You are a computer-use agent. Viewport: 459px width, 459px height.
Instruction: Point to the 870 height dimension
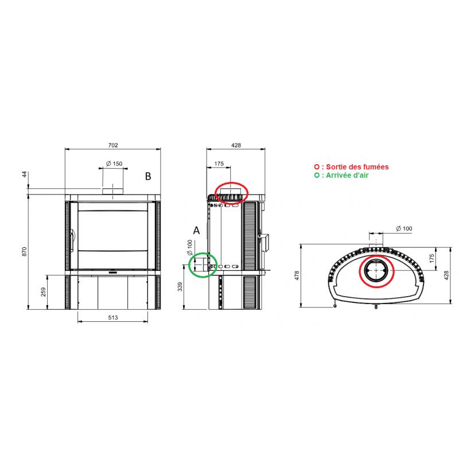[24, 251]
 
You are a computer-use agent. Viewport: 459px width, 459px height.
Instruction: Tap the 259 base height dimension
[42, 292]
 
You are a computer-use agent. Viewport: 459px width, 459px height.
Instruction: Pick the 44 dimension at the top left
[24, 174]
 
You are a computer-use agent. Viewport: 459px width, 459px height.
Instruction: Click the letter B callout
[147, 177]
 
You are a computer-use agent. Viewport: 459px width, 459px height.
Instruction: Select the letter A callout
[196, 230]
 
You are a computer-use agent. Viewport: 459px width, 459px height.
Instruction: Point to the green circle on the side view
[202, 265]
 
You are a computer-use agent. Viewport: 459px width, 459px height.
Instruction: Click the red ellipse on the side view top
[231, 192]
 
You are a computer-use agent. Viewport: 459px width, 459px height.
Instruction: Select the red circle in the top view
[376, 269]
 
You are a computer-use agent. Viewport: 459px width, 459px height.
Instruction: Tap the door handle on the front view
[73, 241]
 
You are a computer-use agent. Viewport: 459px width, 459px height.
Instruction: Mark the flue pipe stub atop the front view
[112, 190]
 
